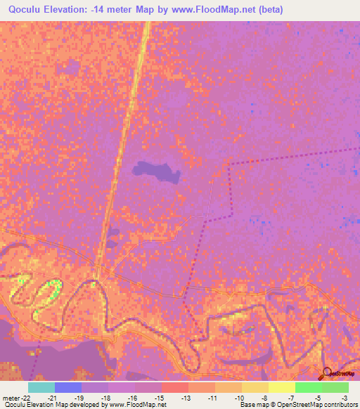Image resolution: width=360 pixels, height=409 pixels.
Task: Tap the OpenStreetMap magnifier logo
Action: (327, 373)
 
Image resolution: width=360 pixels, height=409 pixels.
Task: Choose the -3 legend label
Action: (345, 398)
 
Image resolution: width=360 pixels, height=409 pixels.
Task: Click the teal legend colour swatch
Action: (41, 387)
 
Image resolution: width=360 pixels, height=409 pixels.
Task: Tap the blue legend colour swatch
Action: (68, 387)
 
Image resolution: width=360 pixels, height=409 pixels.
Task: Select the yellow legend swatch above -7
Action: (282, 387)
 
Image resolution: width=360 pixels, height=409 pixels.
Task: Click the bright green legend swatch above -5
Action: (309, 387)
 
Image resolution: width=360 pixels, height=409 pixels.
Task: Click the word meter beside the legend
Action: (11, 398)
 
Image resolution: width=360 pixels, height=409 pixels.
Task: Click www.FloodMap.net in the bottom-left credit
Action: (135, 405)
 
